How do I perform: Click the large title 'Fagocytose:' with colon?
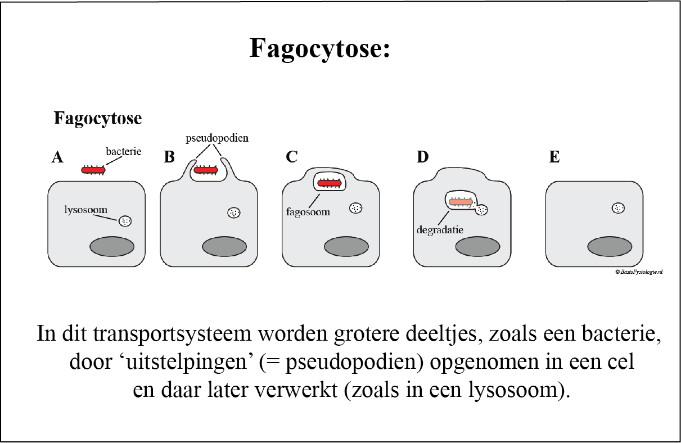[319, 48]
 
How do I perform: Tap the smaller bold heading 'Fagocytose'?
[97, 119]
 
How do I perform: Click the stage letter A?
[57, 157]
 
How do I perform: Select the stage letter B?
[169, 157]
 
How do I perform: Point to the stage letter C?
[291, 157]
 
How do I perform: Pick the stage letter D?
[422, 157]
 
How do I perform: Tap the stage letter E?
[554, 157]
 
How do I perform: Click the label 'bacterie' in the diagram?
[123, 151]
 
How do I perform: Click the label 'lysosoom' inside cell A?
[85, 210]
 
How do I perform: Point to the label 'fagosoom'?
[307, 213]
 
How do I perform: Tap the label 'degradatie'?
[440, 229]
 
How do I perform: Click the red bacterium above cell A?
[93, 170]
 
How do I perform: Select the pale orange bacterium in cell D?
[460, 202]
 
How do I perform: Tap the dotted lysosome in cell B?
[233, 213]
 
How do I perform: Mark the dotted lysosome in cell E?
[618, 208]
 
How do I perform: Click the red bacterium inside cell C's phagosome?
[328, 183]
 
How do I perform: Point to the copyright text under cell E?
[639, 272]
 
